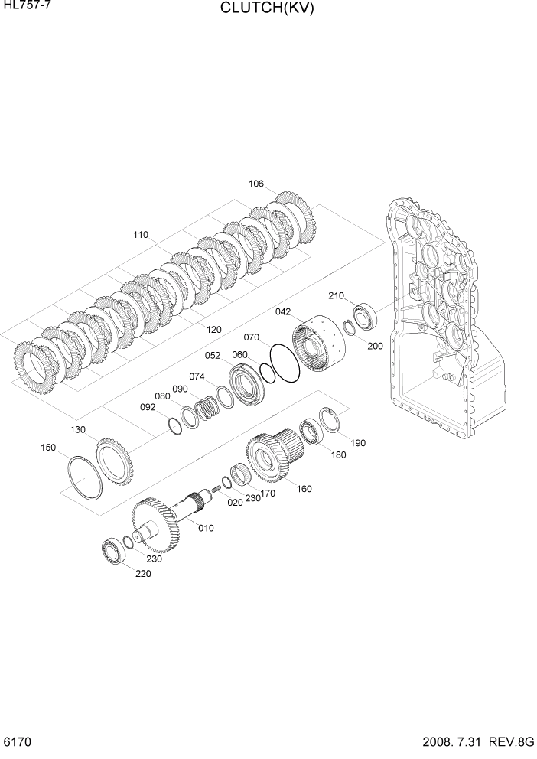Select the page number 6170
tap(16, 743)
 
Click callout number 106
tap(256, 184)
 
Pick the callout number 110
tap(140, 235)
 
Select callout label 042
tap(283, 311)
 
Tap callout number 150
tap(48, 447)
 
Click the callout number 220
tap(143, 573)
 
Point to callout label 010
tap(207, 528)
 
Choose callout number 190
tap(358, 443)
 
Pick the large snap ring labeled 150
tap(82, 477)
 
